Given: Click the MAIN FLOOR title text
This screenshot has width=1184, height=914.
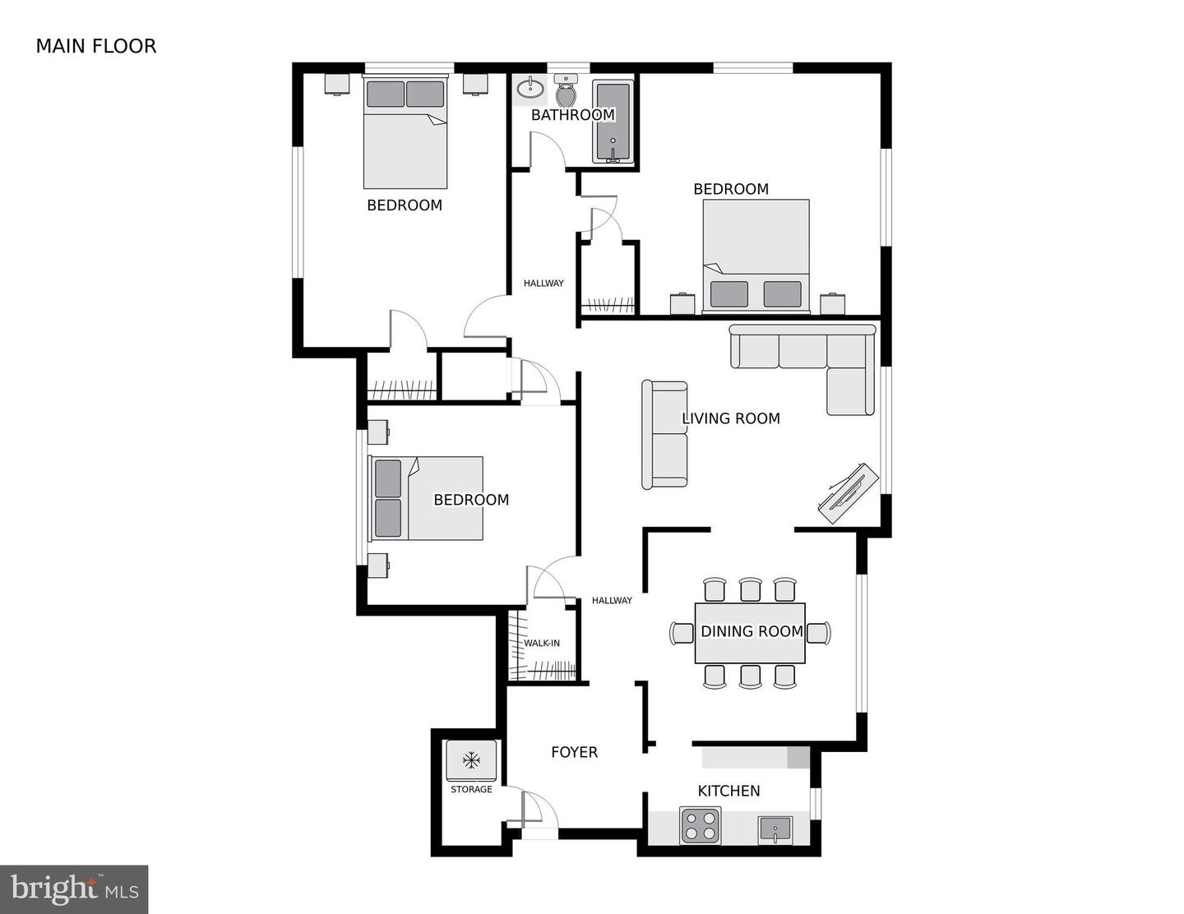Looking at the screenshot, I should tap(95, 46).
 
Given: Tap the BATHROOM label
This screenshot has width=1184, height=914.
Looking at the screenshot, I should tap(572, 115).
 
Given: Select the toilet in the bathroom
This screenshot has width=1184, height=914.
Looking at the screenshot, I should tap(566, 91).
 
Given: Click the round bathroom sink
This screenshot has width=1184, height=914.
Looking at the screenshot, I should tap(528, 88).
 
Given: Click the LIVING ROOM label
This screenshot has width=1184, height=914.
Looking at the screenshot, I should tap(730, 418).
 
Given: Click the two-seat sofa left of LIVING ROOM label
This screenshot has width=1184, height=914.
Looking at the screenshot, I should tap(664, 434).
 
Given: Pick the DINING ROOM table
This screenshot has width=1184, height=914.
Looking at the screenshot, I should tap(750, 632).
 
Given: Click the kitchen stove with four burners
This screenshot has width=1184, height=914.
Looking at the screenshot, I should tap(701, 824).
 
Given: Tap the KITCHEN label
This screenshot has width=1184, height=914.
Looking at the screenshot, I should tap(728, 791).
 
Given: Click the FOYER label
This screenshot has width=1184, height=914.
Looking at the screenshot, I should tap(574, 752).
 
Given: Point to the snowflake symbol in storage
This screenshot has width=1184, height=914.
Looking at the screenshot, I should tap(471, 760).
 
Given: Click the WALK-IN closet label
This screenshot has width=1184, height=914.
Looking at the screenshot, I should tap(542, 643).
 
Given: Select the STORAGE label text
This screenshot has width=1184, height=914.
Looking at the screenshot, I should tap(471, 789).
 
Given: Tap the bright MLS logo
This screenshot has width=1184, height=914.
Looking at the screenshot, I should tap(74, 889).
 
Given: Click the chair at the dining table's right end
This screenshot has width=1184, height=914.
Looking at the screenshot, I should tap(819, 632).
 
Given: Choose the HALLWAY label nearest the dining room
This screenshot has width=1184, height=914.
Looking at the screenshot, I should tap(612, 601).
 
